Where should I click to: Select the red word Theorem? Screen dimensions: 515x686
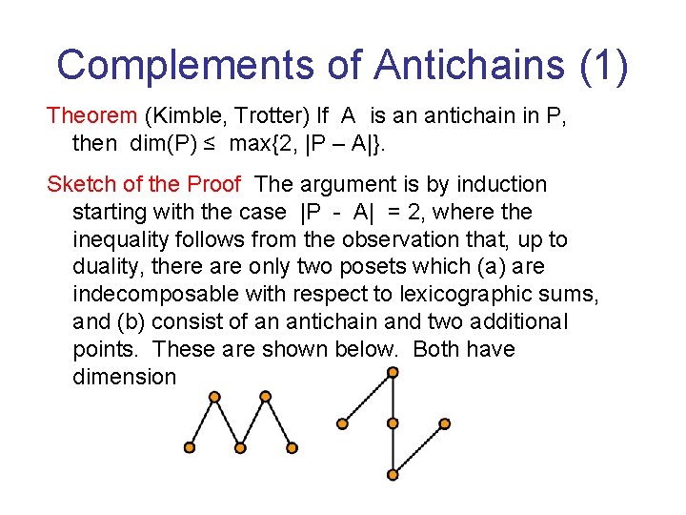click(92, 116)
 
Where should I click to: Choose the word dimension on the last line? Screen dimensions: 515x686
click(124, 377)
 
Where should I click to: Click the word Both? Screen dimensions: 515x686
click(438, 349)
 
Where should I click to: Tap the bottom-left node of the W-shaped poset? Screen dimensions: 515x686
click(190, 446)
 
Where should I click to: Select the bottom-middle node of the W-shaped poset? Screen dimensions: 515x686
click(241, 446)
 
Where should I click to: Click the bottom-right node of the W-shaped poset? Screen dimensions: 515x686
click(293, 446)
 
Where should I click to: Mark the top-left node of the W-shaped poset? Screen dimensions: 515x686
click(214, 396)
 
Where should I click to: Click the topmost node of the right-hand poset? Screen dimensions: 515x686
click(393, 373)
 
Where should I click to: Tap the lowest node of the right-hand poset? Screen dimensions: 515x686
click(393, 473)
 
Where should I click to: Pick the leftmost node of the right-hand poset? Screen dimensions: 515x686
click(342, 422)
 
